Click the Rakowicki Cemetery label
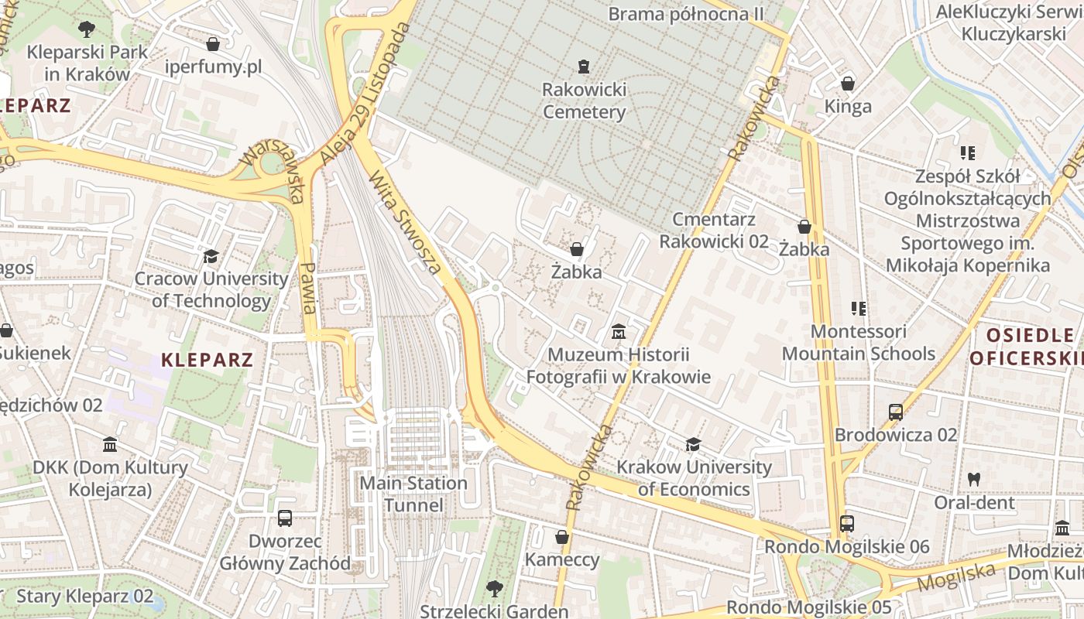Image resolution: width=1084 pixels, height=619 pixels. coord(584,101)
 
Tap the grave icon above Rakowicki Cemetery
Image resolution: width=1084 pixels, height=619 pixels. coord(584,67)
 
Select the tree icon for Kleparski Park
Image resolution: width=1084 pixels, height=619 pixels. coord(86,29)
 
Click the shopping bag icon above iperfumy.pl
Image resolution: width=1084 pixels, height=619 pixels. coord(213,44)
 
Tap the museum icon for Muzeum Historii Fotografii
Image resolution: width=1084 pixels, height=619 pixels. coord(618,332)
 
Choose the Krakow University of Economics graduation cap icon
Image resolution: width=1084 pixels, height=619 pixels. coord(693,444)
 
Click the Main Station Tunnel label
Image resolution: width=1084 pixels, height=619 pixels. coord(413,494)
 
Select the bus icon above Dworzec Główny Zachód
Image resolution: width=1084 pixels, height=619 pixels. coord(285,518)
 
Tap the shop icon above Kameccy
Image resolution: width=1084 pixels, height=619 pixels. coord(562,536)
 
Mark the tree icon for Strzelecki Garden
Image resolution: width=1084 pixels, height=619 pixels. coord(493,588)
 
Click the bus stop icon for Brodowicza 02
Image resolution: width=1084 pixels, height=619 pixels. coord(896,412)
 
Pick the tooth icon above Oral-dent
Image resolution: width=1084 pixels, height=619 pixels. coord(974,479)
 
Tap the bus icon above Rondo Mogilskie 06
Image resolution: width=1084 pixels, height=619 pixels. coord(847,524)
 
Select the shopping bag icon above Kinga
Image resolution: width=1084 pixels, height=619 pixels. coord(848,83)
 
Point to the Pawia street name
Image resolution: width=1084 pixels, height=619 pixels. coord(308,288)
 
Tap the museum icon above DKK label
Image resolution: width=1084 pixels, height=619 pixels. coord(110,445)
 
